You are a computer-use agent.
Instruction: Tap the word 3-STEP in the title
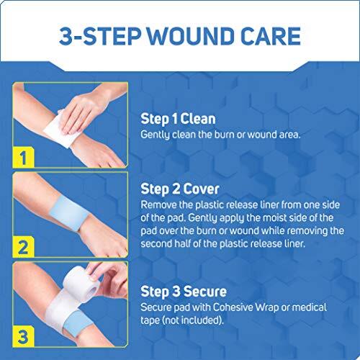[99, 35]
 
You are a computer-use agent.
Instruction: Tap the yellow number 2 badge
[22, 248]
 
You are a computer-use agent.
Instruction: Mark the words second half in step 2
[173, 243]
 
